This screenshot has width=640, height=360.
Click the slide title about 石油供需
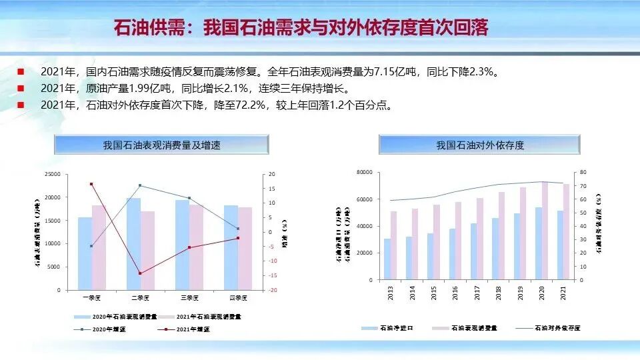click(301, 29)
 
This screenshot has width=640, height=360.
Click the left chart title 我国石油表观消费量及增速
click(161, 145)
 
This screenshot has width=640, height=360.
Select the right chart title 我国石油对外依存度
click(480, 145)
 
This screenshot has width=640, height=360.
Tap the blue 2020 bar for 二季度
click(133, 243)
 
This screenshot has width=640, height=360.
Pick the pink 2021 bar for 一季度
click(98, 247)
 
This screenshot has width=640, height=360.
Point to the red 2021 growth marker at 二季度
click(140, 273)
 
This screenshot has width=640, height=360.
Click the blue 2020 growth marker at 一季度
click(91, 246)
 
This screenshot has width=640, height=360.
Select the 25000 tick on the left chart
click(51, 174)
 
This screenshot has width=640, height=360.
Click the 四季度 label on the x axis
click(238, 297)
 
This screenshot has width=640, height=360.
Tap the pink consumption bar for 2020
click(545, 231)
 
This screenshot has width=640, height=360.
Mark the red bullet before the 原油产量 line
click(21, 88)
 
